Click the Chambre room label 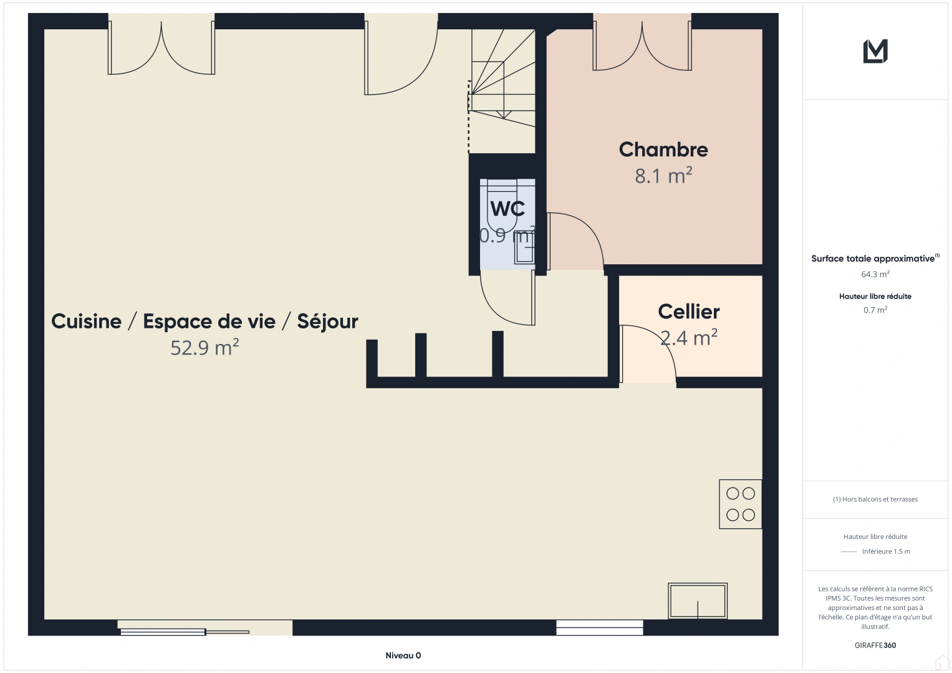[663, 150]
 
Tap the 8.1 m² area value [663, 176]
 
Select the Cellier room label [689, 312]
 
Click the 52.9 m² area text [204, 348]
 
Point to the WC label [507, 208]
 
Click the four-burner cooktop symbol [741, 504]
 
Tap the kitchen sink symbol [698, 601]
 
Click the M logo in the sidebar [875, 51]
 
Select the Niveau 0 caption [403, 656]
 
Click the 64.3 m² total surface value [875, 274]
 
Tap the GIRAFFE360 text [875, 646]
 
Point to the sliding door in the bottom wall [185, 631]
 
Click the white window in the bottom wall [599, 628]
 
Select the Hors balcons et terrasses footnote [875, 499]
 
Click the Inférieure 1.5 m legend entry [885, 551]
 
